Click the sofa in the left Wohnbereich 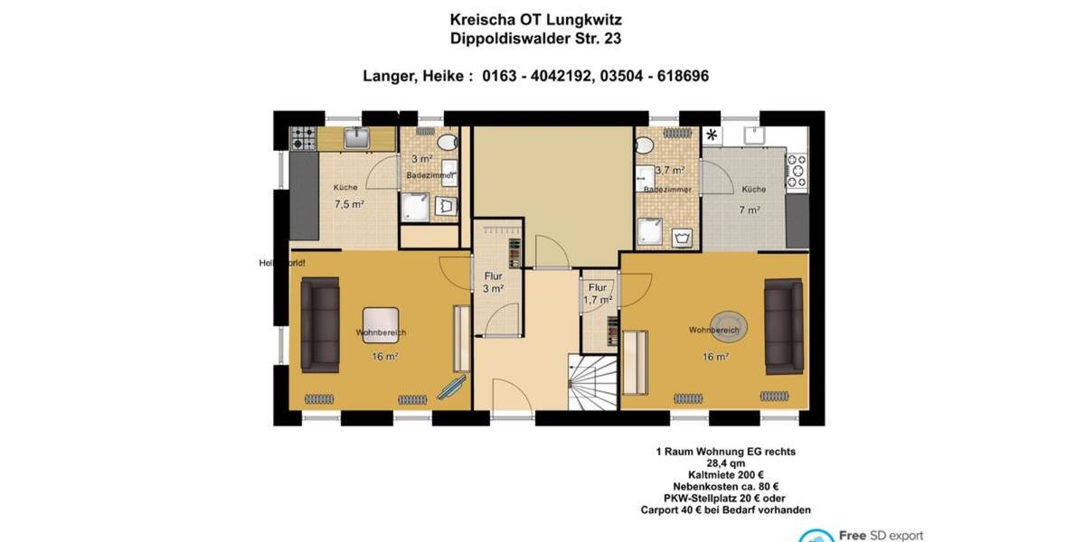tap(320, 325)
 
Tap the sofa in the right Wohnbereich tap(783, 325)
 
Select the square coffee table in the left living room tap(381, 322)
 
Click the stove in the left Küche tap(303, 138)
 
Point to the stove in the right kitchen tap(797, 171)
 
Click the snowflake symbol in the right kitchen tap(712, 135)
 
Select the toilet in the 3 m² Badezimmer tap(447, 143)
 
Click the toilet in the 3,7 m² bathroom tap(645, 145)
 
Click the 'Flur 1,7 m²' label tap(598, 294)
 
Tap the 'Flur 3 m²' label tap(492, 283)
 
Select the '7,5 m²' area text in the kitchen tap(349, 204)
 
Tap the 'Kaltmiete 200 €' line tap(725, 475)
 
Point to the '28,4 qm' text tap(725, 463)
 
